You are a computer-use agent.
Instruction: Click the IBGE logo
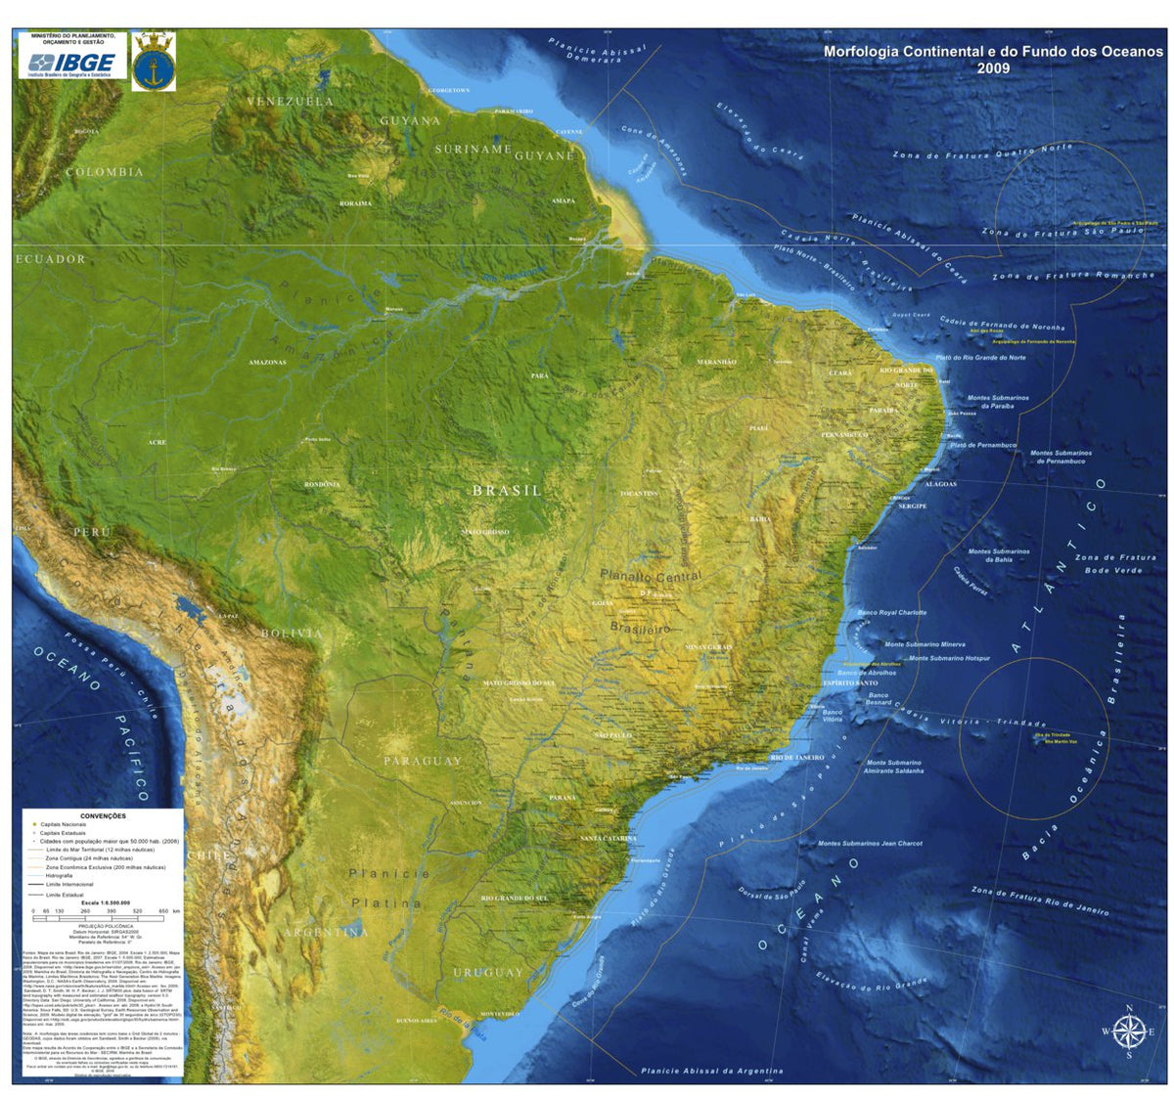tap(71, 64)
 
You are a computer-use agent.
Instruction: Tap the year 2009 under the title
tap(993, 68)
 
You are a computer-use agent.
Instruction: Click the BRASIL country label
tap(507, 491)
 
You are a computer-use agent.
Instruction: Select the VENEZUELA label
tap(290, 101)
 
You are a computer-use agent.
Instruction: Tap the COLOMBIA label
tap(105, 172)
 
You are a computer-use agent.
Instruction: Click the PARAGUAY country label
tap(423, 761)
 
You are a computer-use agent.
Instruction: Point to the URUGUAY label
tap(488, 973)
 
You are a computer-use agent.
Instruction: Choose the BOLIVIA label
tap(292, 634)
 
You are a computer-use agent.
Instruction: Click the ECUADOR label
tap(51, 259)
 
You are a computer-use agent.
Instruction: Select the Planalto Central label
tap(651, 576)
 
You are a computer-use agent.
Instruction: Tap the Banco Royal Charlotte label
tap(891, 613)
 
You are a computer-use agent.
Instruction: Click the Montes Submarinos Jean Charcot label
tap(870, 843)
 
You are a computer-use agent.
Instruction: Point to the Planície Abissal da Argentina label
tap(712, 1071)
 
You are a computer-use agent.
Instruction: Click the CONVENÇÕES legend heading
tap(103, 815)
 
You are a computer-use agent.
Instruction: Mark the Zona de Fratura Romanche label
tap(1073, 276)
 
